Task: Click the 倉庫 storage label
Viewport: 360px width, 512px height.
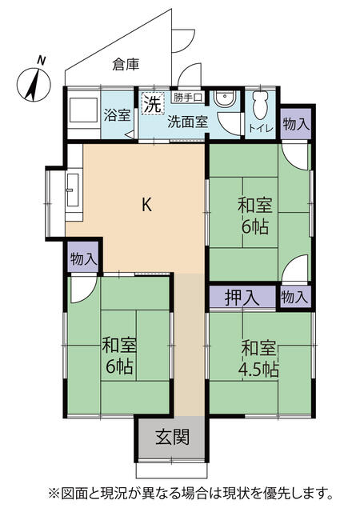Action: tap(126, 64)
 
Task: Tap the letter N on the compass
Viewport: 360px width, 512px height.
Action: tap(41, 60)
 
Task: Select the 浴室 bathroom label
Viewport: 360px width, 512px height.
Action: tap(117, 115)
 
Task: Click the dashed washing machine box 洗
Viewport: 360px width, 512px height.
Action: tap(153, 103)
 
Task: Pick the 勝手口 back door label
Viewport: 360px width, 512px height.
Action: tap(187, 98)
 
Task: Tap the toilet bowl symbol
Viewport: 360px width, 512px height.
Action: tap(260, 105)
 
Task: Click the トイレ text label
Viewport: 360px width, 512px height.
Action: tap(260, 128)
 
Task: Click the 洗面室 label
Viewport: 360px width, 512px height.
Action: tap(187, 122)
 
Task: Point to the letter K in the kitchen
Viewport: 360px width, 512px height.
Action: tap(146, 205)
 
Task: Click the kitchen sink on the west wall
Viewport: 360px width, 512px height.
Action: tap(73, 190)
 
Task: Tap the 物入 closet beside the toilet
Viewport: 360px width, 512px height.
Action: tap(296, 124)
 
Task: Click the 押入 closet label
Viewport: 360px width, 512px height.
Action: tap(242, 298)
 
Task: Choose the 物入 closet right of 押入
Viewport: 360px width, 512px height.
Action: tap(294, 297)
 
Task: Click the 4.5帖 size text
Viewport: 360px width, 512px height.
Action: tap(258, 370)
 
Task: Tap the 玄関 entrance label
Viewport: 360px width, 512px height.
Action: tap(172, 438)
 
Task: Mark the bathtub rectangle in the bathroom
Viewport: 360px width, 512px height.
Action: tap(84, 110)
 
